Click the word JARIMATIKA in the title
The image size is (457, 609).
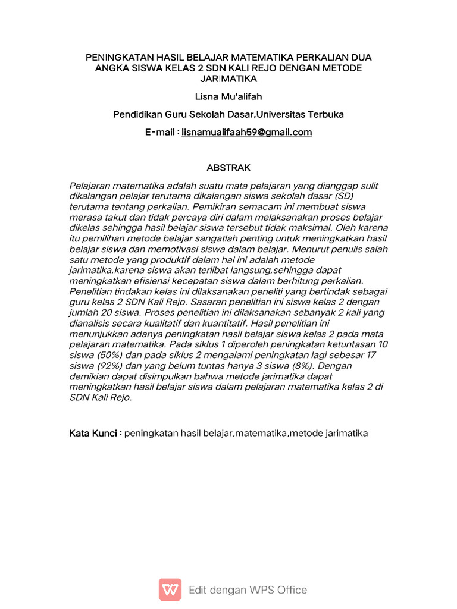[x=228, y=79]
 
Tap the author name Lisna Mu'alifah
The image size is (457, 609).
[x=228, y=96]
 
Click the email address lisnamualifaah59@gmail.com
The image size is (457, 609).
[x=246, y=132]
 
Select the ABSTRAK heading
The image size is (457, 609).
[x=228, y=168]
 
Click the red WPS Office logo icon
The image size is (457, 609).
[x=170, y=589]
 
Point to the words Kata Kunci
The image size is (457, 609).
[x=93, y=433]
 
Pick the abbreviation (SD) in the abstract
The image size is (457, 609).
[x=343, y=196]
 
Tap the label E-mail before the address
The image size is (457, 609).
[x=159, y=132]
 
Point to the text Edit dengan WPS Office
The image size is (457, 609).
[x=248, y=590]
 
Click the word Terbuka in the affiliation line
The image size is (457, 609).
[x=327, y=114]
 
